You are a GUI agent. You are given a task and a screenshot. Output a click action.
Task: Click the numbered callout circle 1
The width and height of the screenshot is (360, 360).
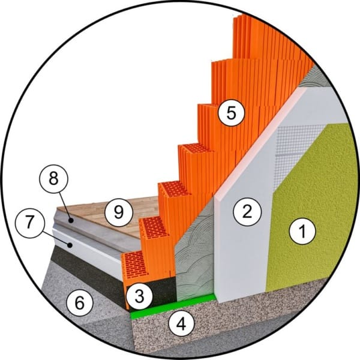click(302, 231)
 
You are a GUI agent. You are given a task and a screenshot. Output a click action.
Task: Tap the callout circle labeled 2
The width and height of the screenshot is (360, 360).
click(247, 211)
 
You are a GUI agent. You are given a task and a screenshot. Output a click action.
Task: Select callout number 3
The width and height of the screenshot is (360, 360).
click(140, 296)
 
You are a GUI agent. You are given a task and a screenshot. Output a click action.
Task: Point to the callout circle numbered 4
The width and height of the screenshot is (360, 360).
click(181, 324)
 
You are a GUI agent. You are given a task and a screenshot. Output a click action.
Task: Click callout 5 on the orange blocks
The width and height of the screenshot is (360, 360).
click(231, 113)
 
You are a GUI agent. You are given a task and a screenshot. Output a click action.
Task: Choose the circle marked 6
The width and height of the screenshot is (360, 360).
click(80, 302)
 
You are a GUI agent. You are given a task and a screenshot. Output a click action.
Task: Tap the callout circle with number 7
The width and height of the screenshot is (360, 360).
click(29, 223)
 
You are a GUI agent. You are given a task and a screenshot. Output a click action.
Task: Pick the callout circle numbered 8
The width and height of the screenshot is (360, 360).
click(54, 179)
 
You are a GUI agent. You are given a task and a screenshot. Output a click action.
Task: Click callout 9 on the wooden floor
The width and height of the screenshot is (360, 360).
click(119, 212)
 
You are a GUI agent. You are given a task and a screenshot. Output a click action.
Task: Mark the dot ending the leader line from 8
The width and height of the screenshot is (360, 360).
click(71, 221)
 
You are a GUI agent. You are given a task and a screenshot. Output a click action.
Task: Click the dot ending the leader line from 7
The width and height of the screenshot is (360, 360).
click(70, 245)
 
